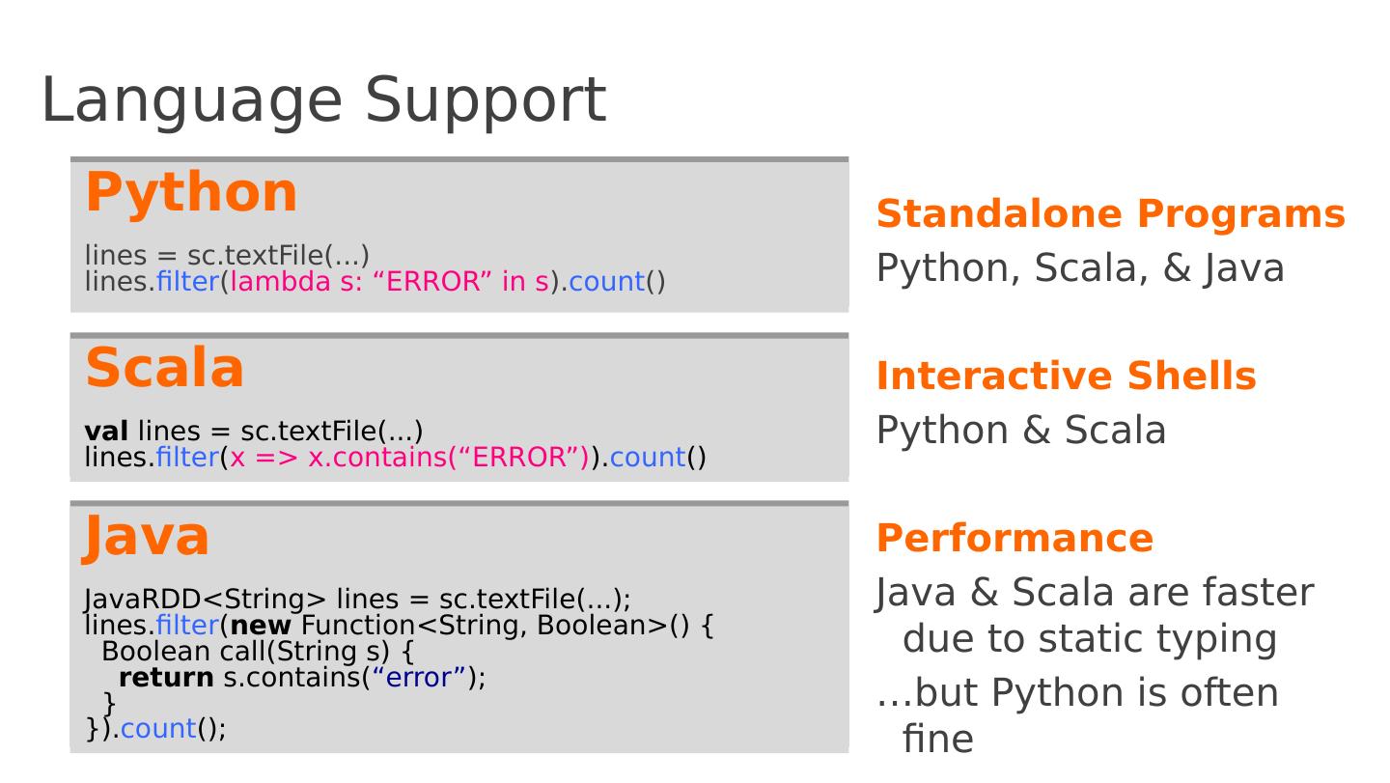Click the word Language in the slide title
191,100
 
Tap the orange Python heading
191,191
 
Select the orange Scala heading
165,368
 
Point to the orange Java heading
147,536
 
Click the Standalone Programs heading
1110,213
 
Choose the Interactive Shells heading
1066,376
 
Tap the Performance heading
1015,538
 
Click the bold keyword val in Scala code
106,431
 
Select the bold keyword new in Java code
261,626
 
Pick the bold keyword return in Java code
166,678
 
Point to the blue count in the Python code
606,282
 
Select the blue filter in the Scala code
187,457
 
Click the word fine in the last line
937,740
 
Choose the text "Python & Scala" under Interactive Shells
1020,431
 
